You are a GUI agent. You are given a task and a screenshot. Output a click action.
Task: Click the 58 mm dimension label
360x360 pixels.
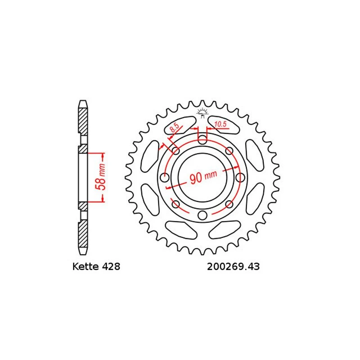pos(101,177)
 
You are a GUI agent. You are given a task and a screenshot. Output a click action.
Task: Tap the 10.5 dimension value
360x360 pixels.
pos(220,125)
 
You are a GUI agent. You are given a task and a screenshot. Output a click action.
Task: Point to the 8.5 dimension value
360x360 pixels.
pos(174,128)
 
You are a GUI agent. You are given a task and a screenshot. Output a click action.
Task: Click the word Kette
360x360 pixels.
pos(85,266)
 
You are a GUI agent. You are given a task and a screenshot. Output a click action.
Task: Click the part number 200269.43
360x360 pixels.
pos(233,267)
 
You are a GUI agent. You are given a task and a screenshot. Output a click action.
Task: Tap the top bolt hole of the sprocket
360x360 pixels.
pos(202,139)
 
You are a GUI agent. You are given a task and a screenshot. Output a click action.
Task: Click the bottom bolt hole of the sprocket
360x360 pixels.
pos(202,215)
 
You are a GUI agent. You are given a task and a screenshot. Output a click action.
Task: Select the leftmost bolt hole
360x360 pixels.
pos(165,177)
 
